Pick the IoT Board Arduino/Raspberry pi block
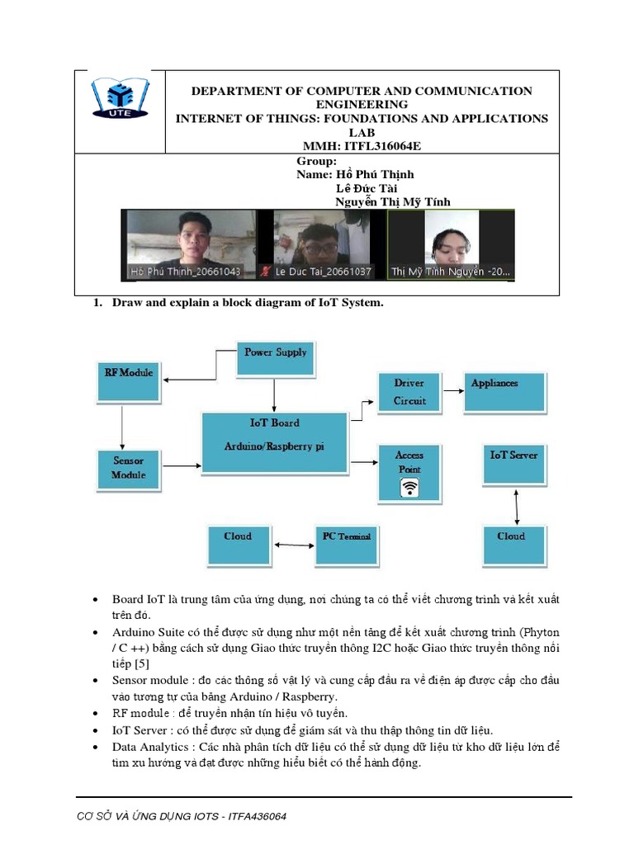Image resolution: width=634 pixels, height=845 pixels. pos(275,442)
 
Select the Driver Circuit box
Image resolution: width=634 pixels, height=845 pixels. pos(409,392)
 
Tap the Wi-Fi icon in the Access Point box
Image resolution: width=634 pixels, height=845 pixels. pos(409,489)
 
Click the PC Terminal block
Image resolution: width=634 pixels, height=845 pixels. pos(346,545)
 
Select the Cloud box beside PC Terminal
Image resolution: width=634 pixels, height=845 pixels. pos(238,545)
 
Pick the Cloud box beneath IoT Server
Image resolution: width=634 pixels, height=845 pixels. pos(513,545)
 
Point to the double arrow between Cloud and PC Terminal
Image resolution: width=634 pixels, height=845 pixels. pos(293,545)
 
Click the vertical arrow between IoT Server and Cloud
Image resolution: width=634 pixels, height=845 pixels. pos(517,507)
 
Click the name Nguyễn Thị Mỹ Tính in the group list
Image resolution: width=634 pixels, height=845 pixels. pos(393,202)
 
